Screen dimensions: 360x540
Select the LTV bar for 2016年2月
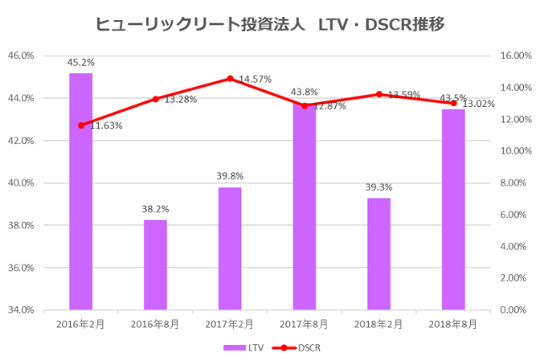(x=81, y=191)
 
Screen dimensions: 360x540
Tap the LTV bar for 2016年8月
(x=155, y=265)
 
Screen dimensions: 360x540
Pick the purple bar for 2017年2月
(x=229, y=248)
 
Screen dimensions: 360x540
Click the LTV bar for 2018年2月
(x=379, y=254)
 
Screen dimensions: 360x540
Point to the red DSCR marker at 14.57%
(x=230, y=78)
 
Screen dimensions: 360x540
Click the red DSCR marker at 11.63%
(x=81, y=126)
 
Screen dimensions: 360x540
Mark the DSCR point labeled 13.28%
(x=155, y=99)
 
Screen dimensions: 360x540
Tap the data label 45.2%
(x=81, y=62)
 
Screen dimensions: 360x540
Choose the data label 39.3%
(x=379, y=187)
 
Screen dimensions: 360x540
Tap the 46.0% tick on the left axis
(x=44, y=56)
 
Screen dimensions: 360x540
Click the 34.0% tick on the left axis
(x=44, y=309)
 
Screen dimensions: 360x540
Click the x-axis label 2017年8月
(x=305, y=323)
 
